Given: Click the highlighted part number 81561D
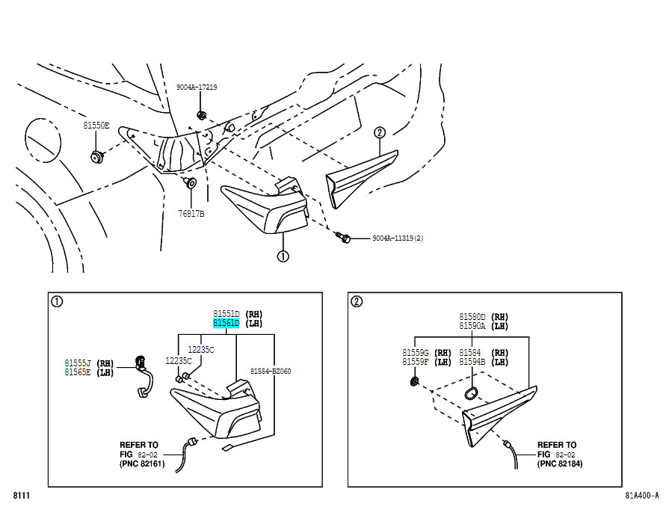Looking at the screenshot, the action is click(226, 323).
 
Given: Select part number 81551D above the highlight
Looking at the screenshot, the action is click(226, 314).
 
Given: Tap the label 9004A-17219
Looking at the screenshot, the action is click(197, 87).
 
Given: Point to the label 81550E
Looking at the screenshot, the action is click(96, 126).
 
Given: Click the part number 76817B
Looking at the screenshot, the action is click(191, 213).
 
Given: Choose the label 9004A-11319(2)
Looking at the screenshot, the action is click(398, 238).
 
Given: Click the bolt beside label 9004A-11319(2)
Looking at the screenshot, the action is click(342, 237).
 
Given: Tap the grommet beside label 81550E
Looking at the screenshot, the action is click(97, 156).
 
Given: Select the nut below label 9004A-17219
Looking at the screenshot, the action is click(201, 115).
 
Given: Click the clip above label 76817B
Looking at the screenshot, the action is click(190, 182).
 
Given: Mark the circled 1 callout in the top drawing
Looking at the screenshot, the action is click(283, 256).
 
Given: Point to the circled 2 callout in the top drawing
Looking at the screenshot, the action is click(379, 133).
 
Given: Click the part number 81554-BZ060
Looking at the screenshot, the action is click(271, 372).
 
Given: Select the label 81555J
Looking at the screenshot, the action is click(78, 363).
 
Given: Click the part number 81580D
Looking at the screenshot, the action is click(472, 317).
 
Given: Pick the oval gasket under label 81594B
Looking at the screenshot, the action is click(471, 393).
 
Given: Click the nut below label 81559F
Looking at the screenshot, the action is click(414, 381).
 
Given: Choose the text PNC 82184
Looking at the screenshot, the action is click(560, 463).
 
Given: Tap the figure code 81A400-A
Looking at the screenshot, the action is click(641, 496).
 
